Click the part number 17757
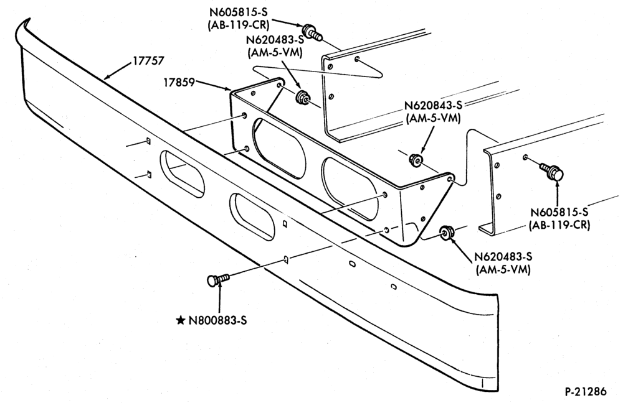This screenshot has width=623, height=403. [x=148, y=61]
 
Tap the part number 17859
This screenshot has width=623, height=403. [x=179, y=83]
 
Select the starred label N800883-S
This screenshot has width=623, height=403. [x=217, y=320]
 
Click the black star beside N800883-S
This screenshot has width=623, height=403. [x=181, y=320]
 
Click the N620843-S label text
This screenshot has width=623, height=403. [x=434, y=106]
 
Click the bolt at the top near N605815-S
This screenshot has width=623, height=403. [x=312, y=32]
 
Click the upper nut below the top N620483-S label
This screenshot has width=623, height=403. [x=303, y=97]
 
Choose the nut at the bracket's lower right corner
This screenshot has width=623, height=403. [x=446, y=233]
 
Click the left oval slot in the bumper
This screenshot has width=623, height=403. [x=182, y=174]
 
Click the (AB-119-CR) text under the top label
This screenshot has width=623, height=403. [x=238, y=25]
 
